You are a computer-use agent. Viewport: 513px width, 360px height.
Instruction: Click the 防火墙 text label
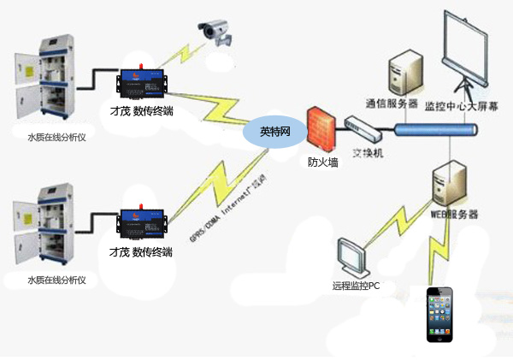point(322,162)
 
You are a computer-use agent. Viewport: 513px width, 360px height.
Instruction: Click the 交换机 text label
point(367,156)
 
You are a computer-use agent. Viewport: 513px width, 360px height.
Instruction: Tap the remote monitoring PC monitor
point(353,256)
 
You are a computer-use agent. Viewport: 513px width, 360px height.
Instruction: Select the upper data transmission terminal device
point(144,84)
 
